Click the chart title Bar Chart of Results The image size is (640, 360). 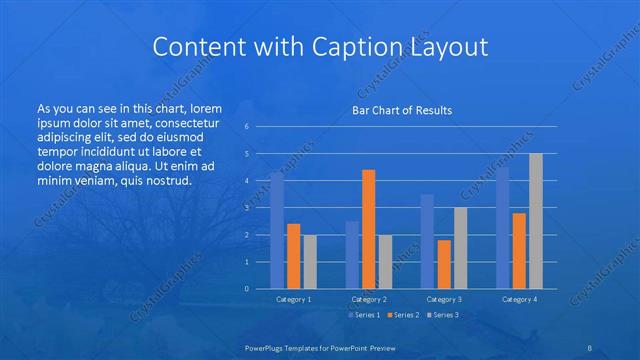point(401,110)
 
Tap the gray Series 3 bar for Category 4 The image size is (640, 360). point(536,221)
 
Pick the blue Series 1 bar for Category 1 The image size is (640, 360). point(277,230)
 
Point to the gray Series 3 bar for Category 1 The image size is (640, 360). point(310,262)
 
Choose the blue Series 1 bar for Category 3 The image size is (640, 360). point(427,241)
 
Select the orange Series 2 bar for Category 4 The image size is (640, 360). point(519,250)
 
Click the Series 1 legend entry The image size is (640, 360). point(364,315)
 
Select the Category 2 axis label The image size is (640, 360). point(369,299)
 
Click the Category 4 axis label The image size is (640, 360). point(519,299)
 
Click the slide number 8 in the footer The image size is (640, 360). point(591,348)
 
